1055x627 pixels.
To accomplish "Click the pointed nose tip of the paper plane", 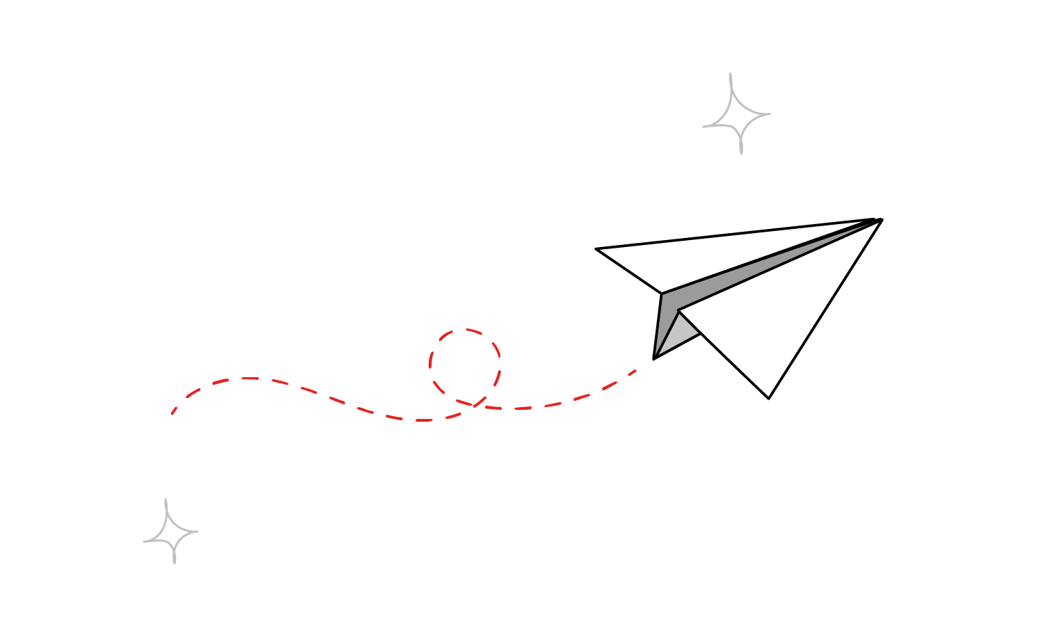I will coord(881,220).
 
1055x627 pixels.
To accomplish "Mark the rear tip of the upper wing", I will coord(596,248).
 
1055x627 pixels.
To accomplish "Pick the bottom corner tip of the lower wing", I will coord(768,398).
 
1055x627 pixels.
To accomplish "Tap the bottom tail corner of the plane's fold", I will coord(653,358).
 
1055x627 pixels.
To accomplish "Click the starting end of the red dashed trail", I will coord(172,413).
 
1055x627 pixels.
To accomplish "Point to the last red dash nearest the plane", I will coord(633,372).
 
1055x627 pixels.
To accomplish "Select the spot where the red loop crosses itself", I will coord(475,404).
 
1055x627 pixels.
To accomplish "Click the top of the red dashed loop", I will coord(465,330).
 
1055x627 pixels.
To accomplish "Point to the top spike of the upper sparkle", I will coord(730,74).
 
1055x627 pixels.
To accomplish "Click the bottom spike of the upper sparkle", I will coord(741,152).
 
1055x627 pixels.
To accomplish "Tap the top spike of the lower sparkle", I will coord(166,500).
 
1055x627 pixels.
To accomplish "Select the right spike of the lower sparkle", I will coord(197,532).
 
